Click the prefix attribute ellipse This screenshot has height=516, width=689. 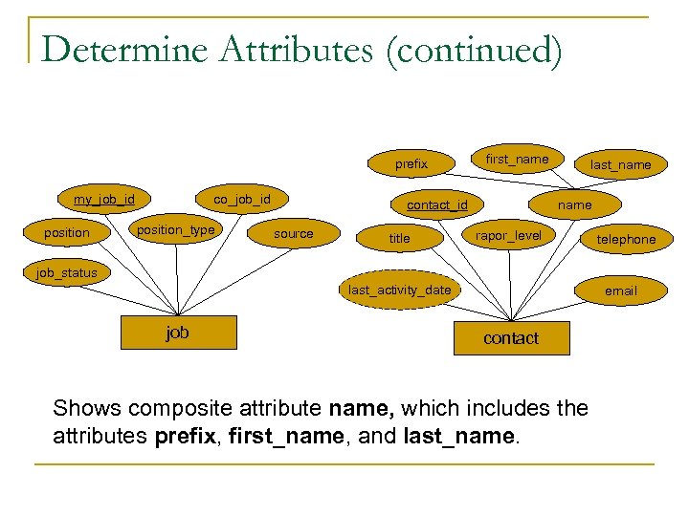(411, 164)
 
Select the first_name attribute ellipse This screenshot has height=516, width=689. (517, 159)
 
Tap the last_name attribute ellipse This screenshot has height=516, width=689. (620, 165)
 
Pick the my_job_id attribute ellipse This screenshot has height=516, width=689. (104, 200)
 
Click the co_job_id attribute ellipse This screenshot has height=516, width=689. (242, 200)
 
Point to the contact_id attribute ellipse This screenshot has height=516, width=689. (437, 204)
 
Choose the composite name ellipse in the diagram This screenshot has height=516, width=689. (574, 204)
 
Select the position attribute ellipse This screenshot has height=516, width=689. (67, 233)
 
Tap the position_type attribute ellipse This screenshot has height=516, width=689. (175, 230)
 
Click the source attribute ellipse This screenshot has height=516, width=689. (293, 233)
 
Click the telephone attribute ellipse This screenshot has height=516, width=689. (626, 239)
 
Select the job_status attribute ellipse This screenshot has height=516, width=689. (67, 273)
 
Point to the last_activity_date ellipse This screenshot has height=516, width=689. (400, 290)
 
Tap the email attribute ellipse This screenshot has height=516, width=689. (620, 290)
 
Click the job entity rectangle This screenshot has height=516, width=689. (178, 333)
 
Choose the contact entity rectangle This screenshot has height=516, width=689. (511, 338)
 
